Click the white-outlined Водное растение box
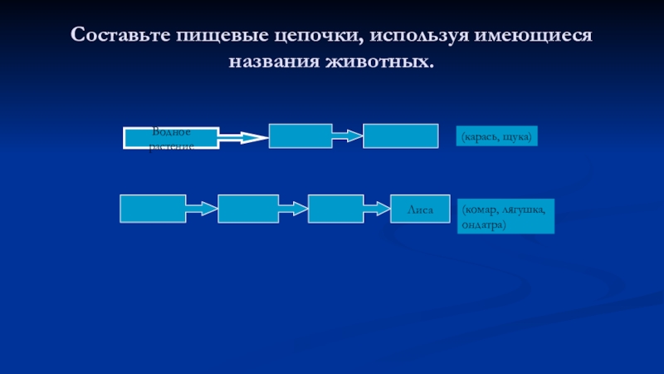pyautogui.click(x=171, y=138)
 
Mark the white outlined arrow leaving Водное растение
pyautogui.click(x=244, y=138)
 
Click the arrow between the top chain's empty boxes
pyautogui.click(x=348, y=135)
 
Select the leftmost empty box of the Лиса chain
pyautogui.click(x=152, y=209)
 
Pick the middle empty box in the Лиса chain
pyautogui.click(x=248, y=209)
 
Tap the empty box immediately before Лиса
pyautogui.click(x=336, y=209)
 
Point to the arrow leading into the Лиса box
pyautogui.click(x=378, y=208)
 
